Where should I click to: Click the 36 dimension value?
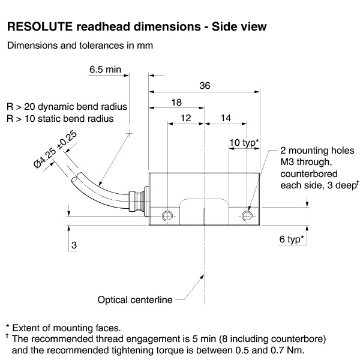click(x=205, y=86)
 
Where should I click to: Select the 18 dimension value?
click(x=176, y=103)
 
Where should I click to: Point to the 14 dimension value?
click(x=226, y=119)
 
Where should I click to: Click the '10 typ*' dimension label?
click(x=244, y=142)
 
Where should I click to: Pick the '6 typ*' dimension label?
click(x=292, y=239)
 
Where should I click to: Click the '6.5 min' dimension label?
click(x=105, y=70)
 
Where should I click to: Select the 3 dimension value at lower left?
click(x=74, y=245)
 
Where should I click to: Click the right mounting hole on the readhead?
click(x=246, y=216)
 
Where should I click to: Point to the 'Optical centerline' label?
click(x=136, y=299)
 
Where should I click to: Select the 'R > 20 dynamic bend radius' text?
click(x=67, y=106)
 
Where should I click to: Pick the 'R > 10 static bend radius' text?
click(x=60, y=118)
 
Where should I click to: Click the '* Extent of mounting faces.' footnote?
click(x=63, y=328)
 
